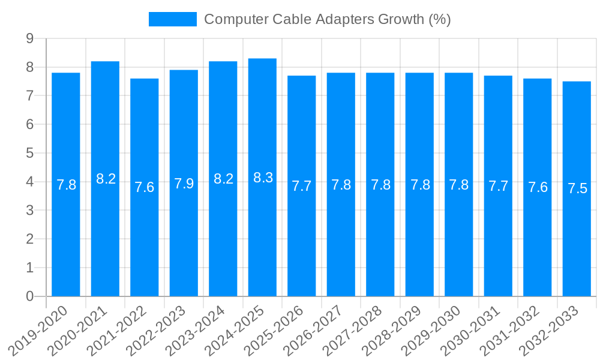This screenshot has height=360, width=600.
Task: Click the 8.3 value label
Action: [263, 178]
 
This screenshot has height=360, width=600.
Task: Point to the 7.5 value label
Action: [577, 189]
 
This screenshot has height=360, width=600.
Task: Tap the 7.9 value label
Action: [184, 184]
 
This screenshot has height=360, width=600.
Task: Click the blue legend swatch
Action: [173, 19]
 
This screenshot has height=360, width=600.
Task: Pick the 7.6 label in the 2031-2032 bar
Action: [538, 187]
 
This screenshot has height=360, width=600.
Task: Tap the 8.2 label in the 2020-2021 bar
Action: [106, 179]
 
